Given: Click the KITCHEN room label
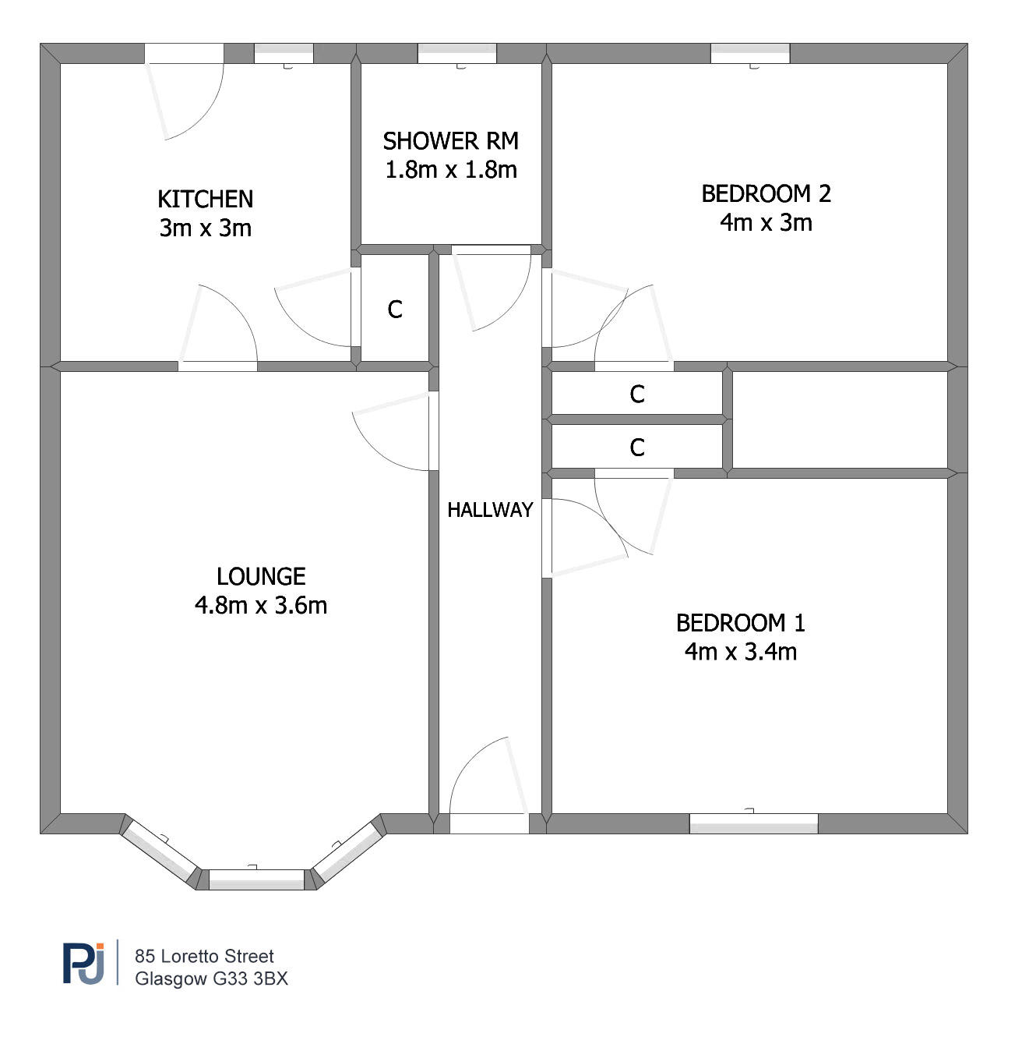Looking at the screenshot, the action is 206,199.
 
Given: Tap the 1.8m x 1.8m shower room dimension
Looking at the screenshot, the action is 451,170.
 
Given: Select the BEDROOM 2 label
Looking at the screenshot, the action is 766,193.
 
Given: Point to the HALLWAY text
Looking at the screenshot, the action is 490,510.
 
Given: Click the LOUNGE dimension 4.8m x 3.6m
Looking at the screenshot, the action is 261,605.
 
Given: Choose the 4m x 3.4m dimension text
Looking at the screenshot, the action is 741,652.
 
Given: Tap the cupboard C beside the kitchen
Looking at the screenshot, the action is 395,310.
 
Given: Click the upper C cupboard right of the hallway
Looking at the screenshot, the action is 637,395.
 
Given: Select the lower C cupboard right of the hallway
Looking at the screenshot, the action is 637,448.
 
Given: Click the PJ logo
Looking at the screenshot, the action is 84,963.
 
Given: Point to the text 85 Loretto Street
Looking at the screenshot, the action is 204,956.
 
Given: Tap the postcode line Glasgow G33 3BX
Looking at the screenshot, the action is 211,979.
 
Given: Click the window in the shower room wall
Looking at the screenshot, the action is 457,54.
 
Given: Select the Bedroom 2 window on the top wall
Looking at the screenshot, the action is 750,54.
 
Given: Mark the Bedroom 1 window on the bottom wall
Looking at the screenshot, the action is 753,823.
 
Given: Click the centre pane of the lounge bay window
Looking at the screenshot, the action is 256,880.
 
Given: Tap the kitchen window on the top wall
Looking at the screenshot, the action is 284,54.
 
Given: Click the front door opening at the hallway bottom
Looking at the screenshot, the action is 489,823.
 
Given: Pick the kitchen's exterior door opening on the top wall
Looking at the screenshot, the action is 184,54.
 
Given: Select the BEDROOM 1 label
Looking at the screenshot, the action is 741,623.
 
